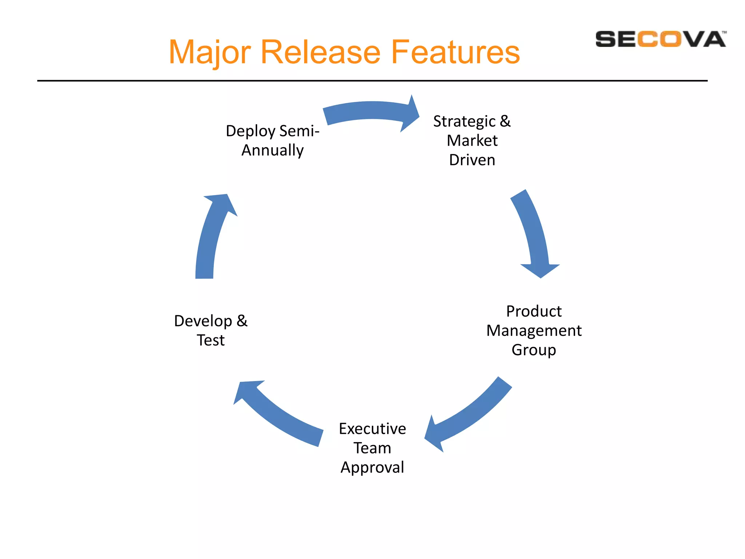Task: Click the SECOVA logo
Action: [x=660, y=39]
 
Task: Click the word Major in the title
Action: [x=210, y=53]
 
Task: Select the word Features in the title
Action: [x=455, y=52]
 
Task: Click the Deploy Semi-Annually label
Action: [x=272, y=140]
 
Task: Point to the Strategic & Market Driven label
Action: [x=472, y=140]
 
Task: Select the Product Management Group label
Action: [x=534, y=330]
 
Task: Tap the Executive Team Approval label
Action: [x=372, y=448]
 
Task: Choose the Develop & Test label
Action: [x=211, y=330]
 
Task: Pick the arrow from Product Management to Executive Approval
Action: [x=469, y=415]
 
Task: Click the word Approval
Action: [x=372, y=468]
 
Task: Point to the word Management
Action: [x=534, y=331]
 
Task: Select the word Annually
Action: [x=272, y=150]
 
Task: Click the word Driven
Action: [x=472, y=160]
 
